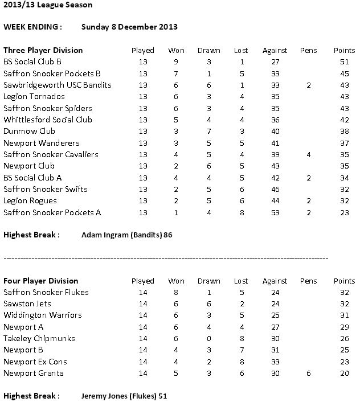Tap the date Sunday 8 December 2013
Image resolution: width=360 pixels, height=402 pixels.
coord(129,27)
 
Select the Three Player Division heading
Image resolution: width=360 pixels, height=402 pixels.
coord(43,50)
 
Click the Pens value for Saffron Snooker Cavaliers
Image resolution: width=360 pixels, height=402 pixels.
coord(308,154)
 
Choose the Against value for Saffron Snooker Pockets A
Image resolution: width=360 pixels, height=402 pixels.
coord(275,212)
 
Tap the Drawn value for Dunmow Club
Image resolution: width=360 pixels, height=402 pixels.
coord(208,131)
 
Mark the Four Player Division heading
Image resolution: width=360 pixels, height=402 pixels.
coord(41,281)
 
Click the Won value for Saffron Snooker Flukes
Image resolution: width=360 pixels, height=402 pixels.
coord(176,292)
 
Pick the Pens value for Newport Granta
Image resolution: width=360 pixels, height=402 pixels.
coord(308,373)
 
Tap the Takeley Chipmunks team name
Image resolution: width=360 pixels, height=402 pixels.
coord(38,338)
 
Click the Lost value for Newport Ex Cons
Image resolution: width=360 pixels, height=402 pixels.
coord(241,362)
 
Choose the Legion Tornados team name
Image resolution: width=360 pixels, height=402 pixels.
coord(34,96)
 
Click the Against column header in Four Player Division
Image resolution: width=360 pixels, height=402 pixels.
coord(275,281)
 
